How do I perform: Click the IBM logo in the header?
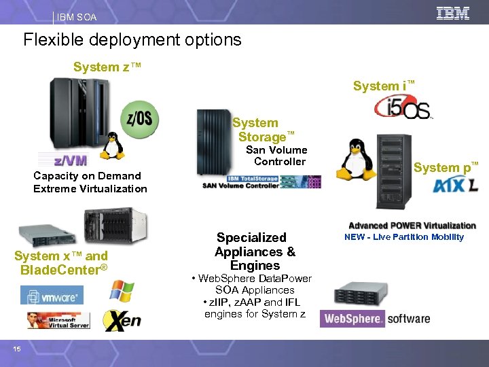(453, 14)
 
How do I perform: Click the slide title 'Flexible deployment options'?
(132, 39)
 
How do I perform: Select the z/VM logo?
(71, 160)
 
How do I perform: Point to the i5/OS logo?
(402, 107)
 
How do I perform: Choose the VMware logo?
(52, 295)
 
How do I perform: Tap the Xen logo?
(122, 319)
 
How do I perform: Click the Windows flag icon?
(122, 292)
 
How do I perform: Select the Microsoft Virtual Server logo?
(58, 320)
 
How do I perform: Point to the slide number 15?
(17, 349)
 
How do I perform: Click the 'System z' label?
(107, 67)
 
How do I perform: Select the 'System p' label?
(446, 167)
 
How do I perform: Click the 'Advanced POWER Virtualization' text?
(412, 226)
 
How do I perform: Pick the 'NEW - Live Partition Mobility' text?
(404, 237)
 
